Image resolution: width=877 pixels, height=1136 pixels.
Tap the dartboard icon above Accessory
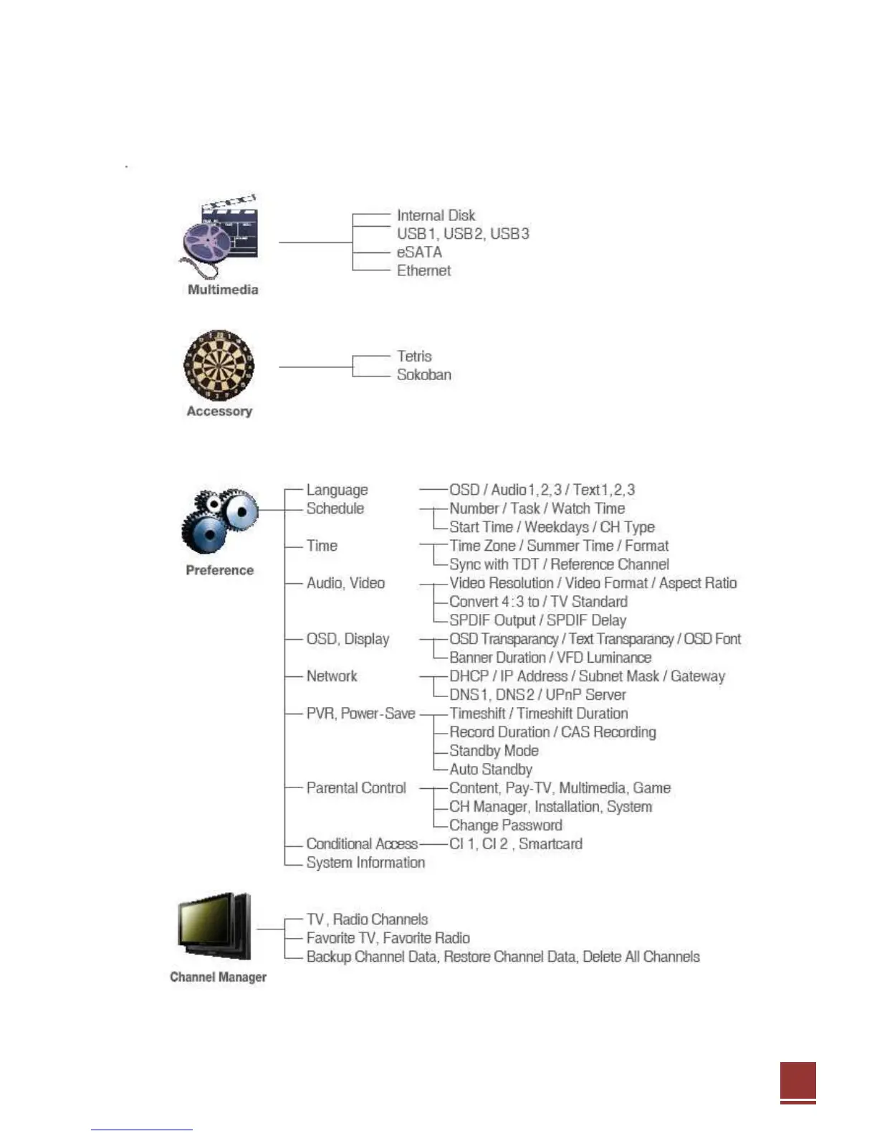(x=219, y=365)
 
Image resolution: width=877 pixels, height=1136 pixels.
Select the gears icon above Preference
(x=219, y=521)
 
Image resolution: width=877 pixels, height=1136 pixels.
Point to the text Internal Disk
(x=436, y=215)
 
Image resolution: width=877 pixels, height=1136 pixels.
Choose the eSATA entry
(x=419, y=252)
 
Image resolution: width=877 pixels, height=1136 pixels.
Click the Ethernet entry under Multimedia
(x=423, y=271)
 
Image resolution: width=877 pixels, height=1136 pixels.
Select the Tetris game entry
(x=414, y=356)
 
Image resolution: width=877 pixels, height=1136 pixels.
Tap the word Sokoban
(x=423, y=375)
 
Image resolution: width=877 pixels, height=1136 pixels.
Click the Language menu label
(x=337, y=490)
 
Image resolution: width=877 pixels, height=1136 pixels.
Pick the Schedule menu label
(x=335, y=508)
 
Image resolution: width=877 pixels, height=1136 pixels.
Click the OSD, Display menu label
(x=348, y=639)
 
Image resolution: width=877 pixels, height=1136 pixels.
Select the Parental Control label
(x=356, y=788)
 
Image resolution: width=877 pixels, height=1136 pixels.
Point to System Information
(x=365, y=863)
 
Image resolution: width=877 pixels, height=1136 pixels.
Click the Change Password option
(x=505, y=825)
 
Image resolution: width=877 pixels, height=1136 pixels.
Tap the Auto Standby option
(x=491, y=770)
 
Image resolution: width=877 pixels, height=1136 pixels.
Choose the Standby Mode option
(x=494, y=751)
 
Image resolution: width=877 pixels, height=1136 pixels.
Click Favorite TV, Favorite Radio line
(x=388, y=938)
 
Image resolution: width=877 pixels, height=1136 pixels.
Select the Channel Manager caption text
(x=218, y=977)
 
